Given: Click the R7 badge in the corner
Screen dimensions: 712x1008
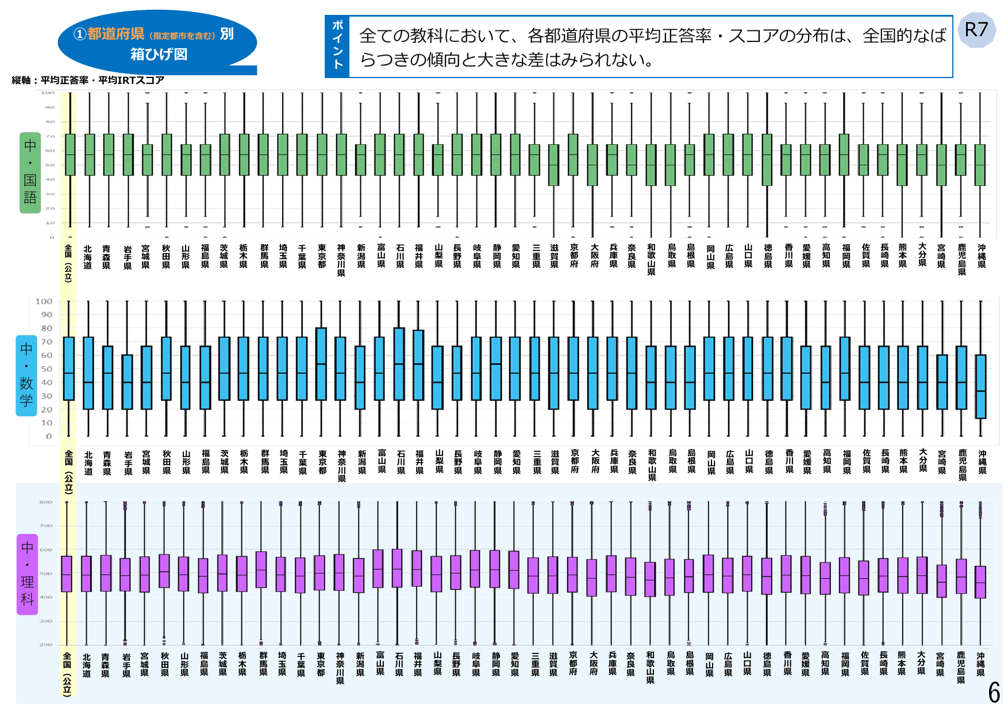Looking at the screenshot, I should [x=976, y=30].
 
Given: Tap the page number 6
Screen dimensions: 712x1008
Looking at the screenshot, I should [x=994, y=692].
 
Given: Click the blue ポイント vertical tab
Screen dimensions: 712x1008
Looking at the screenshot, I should [x=337, y=46].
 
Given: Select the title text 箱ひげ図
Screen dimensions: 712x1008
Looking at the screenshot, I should [x=159, y=55].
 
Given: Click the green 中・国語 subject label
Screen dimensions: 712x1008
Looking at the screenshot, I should [x=30, y=172].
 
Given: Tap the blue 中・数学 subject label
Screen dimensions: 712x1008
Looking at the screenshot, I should [x=26, y=376].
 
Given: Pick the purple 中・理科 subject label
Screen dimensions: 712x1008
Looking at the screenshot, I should [x=27, y=574].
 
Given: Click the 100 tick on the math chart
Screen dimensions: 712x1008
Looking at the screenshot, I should [x=44, y=301].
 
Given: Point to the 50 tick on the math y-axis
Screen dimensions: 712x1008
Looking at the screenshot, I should [x=46, y=369].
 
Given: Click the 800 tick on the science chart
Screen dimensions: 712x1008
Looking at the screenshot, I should [x=46, y=502].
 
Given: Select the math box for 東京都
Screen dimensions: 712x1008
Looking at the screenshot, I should [x=321, y=364].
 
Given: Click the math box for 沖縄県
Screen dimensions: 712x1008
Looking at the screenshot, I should [x=981, y=386].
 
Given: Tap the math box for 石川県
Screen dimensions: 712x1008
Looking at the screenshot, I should [x=399, y=364].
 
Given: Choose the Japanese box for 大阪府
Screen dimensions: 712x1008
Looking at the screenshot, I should [x=592, y=165].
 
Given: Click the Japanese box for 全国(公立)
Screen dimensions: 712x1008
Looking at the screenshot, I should [x=70, y=154].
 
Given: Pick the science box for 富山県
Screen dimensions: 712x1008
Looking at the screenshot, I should [x=378, y=568].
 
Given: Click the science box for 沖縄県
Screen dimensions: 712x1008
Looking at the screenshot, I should [x=980, y=582].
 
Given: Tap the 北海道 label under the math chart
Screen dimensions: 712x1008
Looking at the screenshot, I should [x=88, y=463].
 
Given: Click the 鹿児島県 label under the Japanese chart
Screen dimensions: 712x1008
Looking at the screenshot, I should [x=961, y=259].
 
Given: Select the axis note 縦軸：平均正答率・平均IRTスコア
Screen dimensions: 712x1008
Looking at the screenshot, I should [x=88, y=80].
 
